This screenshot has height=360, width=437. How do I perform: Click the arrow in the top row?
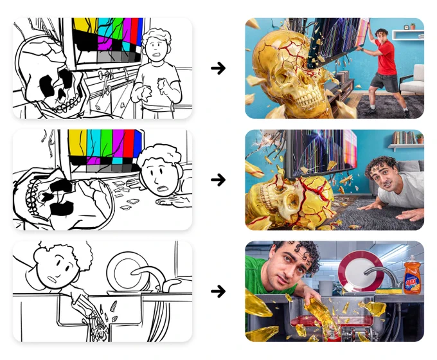click(x=218, y=68)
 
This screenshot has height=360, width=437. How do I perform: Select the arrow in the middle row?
click(x=218, y=180)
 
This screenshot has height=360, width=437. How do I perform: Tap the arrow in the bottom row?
click(x=218, y=291)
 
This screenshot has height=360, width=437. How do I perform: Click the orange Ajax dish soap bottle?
click(x=412, y=275)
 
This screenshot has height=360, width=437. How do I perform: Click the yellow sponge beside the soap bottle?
click(x=389, y=291)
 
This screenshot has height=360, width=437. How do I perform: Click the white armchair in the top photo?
click(x=413, y=80)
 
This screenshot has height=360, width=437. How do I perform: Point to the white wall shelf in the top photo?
click(x=408, y=35)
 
